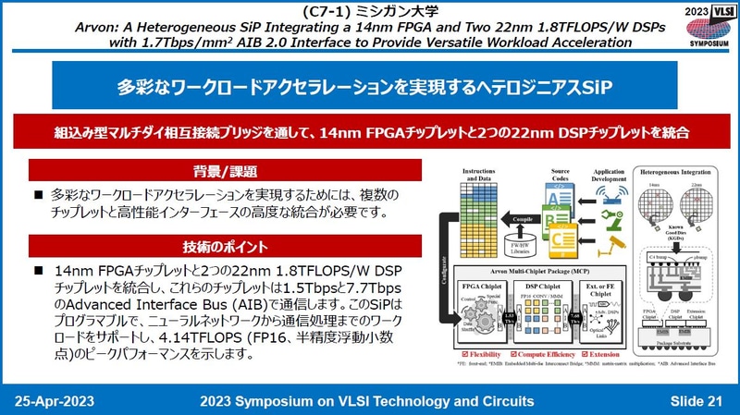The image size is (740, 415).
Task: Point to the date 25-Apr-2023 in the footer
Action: tap(54, 400)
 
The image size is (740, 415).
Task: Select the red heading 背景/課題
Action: tap(226, 172)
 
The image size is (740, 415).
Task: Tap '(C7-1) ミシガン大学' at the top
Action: tap(370, 10)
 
